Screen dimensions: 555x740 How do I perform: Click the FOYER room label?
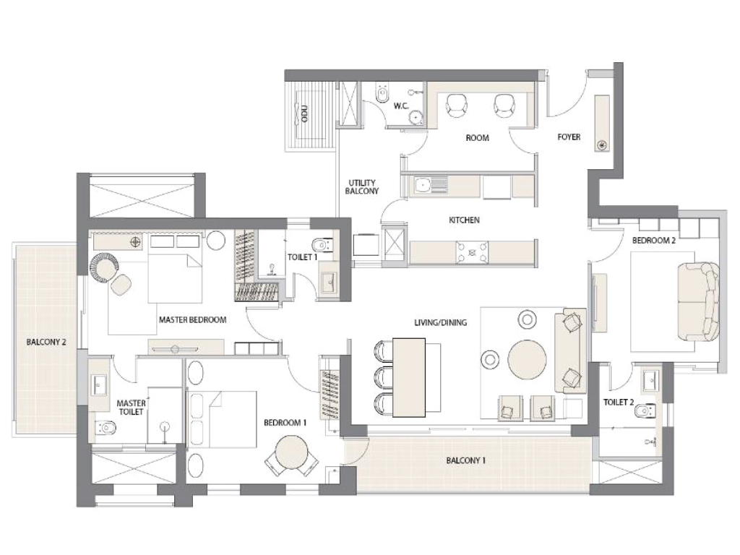tap(569, 137)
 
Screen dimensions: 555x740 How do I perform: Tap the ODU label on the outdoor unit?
tap(305, 114)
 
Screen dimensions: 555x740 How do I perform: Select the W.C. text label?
tap(402, 106)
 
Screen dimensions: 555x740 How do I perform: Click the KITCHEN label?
tap(464, 220)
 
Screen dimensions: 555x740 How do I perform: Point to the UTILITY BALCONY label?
tap(363, 186)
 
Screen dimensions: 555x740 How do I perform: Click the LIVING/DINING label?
tap(440, 323)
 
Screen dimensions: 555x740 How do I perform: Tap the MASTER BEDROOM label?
tap(193, 319)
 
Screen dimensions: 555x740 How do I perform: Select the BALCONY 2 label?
tap(46, 342)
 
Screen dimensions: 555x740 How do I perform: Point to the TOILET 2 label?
tap(619, 403)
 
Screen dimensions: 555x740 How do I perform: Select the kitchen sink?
tap(423, 185)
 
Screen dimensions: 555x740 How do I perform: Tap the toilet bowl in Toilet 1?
tap(322, 244)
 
